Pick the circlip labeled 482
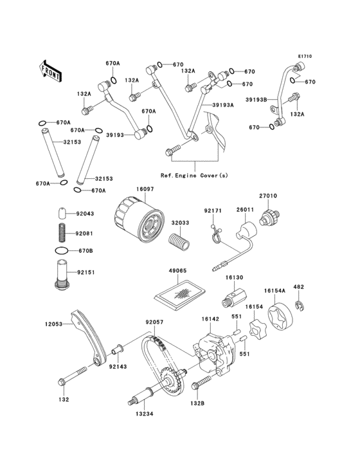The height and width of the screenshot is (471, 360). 299,304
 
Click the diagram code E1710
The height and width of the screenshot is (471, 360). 304,57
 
